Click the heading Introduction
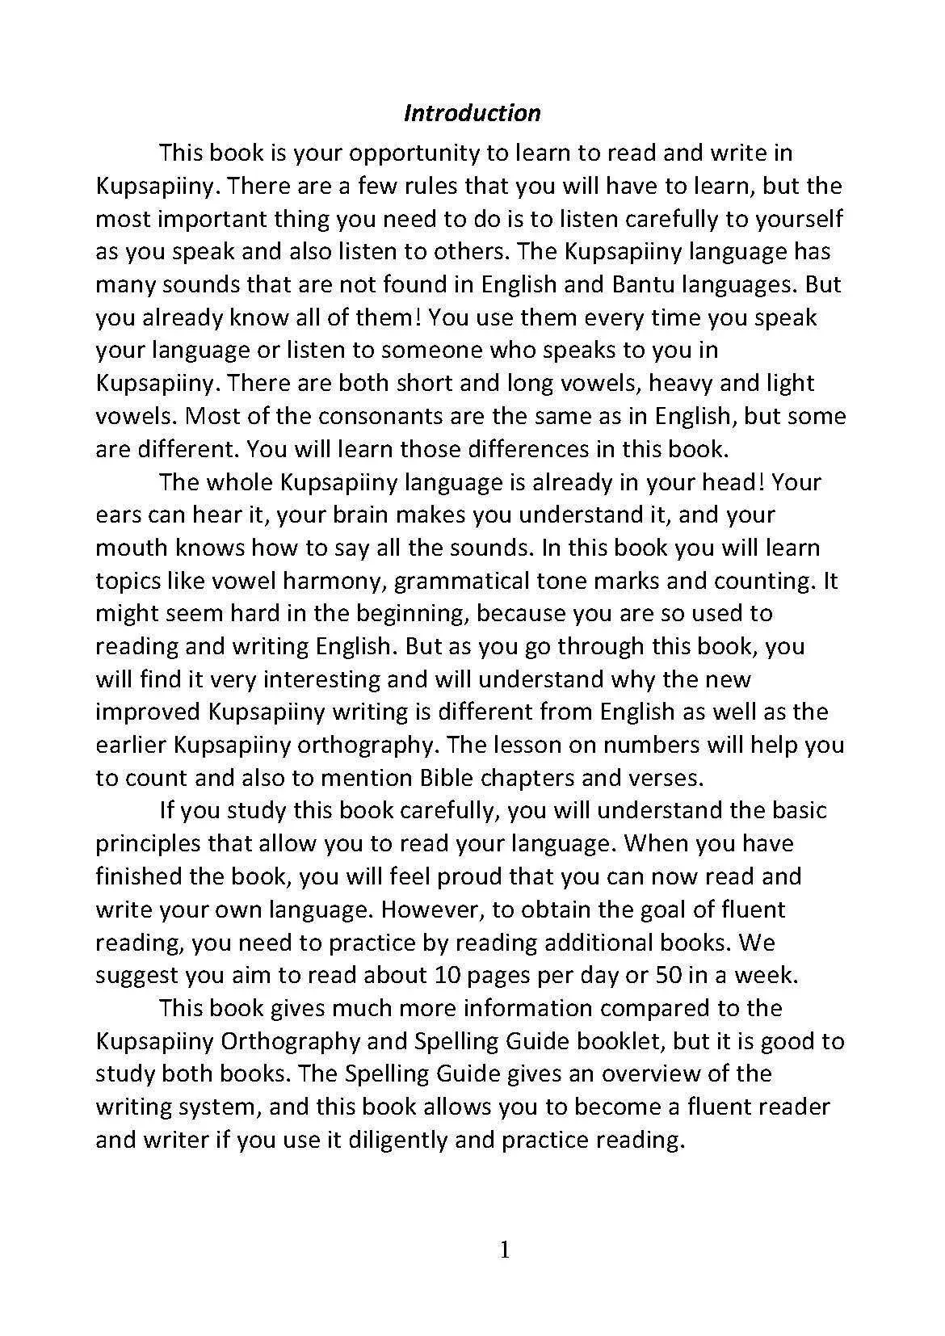pyautogui.click(x=472, y=112)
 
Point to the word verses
pyautogui.click(x=666, y=778)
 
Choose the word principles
pyautogui.click(x=149, y=844)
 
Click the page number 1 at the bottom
pyautogui.click(x=505, y=1251)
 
